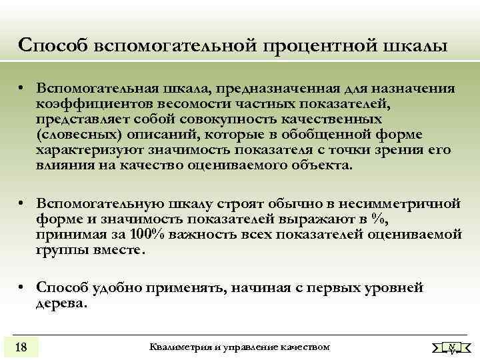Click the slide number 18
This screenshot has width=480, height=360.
click(x=21, y=346)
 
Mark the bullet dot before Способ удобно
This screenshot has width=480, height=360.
click(x=22, y=287)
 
